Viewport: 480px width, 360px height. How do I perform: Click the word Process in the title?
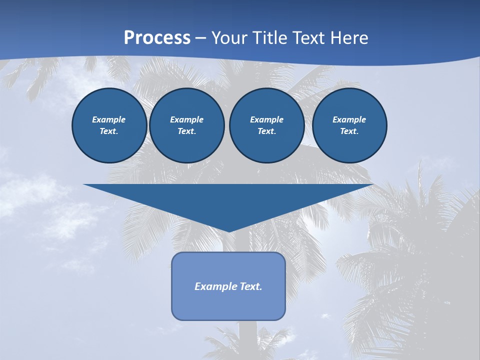(157, 38)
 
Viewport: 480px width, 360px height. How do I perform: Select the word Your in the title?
(229, 38)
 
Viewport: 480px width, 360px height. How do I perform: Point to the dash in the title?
(201, 38)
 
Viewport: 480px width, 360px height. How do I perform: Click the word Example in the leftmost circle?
(108, 119)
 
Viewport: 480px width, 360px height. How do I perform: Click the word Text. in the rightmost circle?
(349, 131)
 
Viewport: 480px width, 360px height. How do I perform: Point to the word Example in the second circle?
(186, 119)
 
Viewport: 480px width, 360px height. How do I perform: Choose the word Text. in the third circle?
(266, 131)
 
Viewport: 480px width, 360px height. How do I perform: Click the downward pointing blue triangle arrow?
(228, 200)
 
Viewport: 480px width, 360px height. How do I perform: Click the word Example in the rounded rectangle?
(215, 286)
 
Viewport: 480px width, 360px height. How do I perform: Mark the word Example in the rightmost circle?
(349, 119)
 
